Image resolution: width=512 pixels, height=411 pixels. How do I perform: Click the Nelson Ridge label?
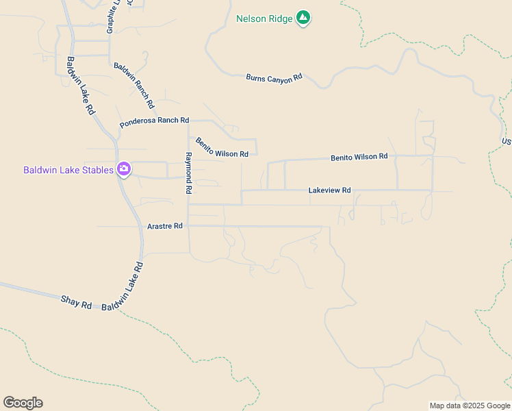coord(264,18)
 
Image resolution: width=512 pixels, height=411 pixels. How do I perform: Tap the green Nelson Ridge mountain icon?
coord(303,18)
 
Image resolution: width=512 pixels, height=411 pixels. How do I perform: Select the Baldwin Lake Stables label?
coord(68,170)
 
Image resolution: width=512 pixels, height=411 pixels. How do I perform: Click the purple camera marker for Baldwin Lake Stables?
coord(124,169)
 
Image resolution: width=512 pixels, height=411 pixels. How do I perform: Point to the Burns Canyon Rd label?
coord(274,78)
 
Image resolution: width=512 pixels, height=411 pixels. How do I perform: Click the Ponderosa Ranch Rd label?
coord(154,121)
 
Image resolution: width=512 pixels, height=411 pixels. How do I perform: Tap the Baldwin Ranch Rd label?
coord(134,86)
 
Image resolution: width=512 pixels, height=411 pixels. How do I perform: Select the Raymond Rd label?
coord(190,173)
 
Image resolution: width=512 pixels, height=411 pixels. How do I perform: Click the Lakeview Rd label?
coord(329,190)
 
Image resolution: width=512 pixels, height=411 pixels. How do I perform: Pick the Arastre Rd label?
coord(165,225)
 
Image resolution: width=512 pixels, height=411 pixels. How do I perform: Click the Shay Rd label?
coord(76,302)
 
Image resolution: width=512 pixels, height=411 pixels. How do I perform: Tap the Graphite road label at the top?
coord(112,17)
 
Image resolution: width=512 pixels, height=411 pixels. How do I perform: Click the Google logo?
coord(23,403)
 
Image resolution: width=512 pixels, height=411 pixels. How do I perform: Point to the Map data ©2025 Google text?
coord(470,406)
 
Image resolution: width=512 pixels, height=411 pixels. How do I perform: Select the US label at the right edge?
coord(507,142)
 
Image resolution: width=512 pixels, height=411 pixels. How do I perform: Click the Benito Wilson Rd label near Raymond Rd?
coord(222,148)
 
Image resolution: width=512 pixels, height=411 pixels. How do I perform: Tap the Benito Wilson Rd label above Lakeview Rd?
coord(359,158)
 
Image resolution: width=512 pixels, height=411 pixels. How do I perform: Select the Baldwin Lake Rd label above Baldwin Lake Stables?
coord(80,85)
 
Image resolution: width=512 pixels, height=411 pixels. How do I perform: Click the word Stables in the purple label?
coord(97,170)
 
